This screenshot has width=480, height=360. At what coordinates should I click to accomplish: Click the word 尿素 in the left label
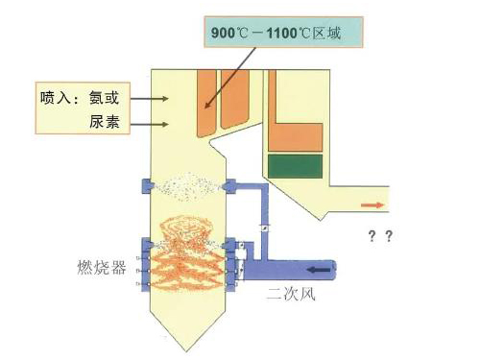(x=108, y=123)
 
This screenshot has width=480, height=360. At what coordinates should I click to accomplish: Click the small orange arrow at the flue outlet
(x=370, y=204)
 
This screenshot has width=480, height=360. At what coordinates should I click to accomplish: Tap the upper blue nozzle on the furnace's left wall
(x=145, y=182)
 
